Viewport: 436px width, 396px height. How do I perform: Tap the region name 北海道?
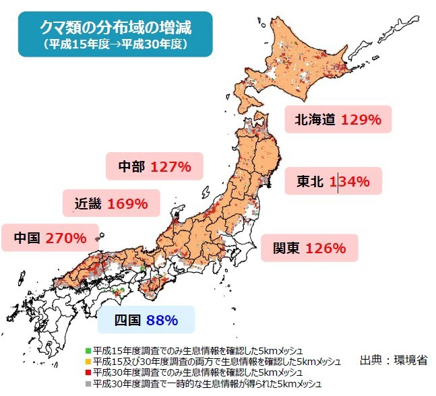pyautogui.click(x=315, y=121)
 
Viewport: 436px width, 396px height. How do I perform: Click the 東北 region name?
pyautogui.click(x=310, y=182)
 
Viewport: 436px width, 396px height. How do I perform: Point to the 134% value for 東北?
pyautogui.click(x=349, y=182)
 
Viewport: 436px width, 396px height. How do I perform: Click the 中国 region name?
pyautogui.click(x=28, y=238)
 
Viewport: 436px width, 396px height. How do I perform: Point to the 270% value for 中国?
pyautogui.click(x=65, y=238)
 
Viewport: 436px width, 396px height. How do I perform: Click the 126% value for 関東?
pyautogui.click(x=325, y=248)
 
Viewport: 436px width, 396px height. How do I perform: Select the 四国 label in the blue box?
pyautogui.click(x=127, y=319)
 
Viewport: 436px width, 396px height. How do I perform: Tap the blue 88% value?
pyautogui.click(x=161, y=319)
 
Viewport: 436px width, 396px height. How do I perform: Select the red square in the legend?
pyautogui.click(x=88, y=372)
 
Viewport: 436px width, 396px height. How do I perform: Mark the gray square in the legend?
pyautogui.click(x=88, y=383)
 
